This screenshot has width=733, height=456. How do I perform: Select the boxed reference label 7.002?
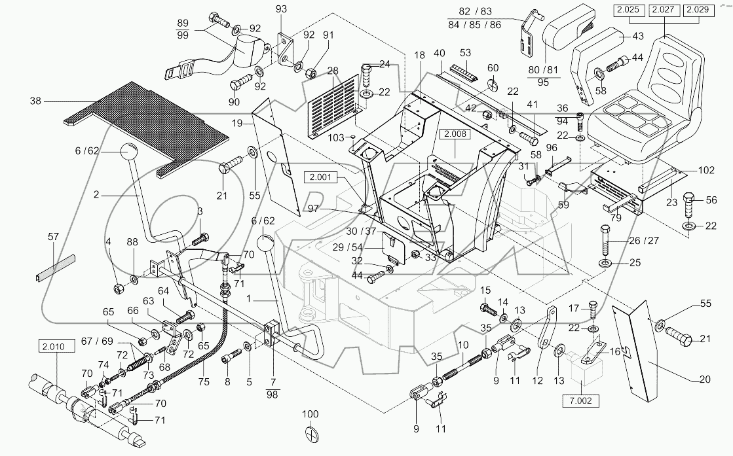[x=580, y=400]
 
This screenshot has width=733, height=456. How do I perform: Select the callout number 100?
[x=310, y=415]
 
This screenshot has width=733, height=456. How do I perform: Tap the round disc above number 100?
[x=311, y=436]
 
